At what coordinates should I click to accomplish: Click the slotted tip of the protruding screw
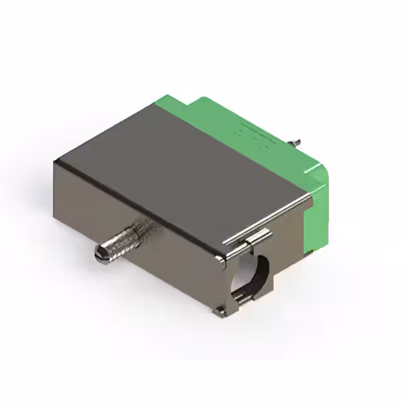[x=98, y=254]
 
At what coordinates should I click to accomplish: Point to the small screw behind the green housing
[x=294, y=140]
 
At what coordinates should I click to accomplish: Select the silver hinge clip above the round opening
[x=255, y=239]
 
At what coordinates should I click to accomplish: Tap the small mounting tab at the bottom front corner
[x=219, y=309]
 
